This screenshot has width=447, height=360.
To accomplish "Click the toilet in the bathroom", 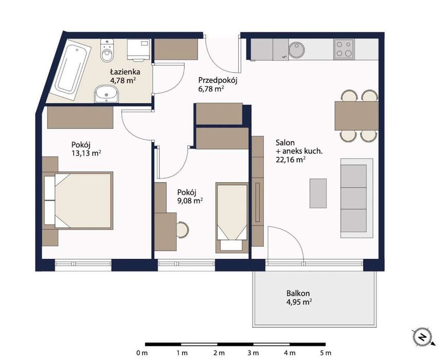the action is [107, 50].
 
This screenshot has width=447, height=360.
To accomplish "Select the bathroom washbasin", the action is [106, 94].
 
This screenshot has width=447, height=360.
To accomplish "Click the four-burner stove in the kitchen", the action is [344, 49].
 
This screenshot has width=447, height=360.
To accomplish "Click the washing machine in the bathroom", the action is [138, 49].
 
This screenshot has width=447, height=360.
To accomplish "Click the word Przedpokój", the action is [218, 80].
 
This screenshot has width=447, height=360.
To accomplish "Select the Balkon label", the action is [298, 293].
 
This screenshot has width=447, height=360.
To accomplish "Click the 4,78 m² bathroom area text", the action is [122, 80].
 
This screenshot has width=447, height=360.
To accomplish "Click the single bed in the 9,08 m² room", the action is [232, 218].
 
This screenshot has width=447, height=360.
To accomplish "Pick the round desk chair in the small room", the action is [182, 229].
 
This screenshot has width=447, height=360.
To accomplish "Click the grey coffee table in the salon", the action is [318, 193].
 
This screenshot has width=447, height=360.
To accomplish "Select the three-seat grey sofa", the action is [356, 198].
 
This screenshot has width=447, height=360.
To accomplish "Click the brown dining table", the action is [356, 115].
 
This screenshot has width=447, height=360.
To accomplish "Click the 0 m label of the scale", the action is [142, 353].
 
